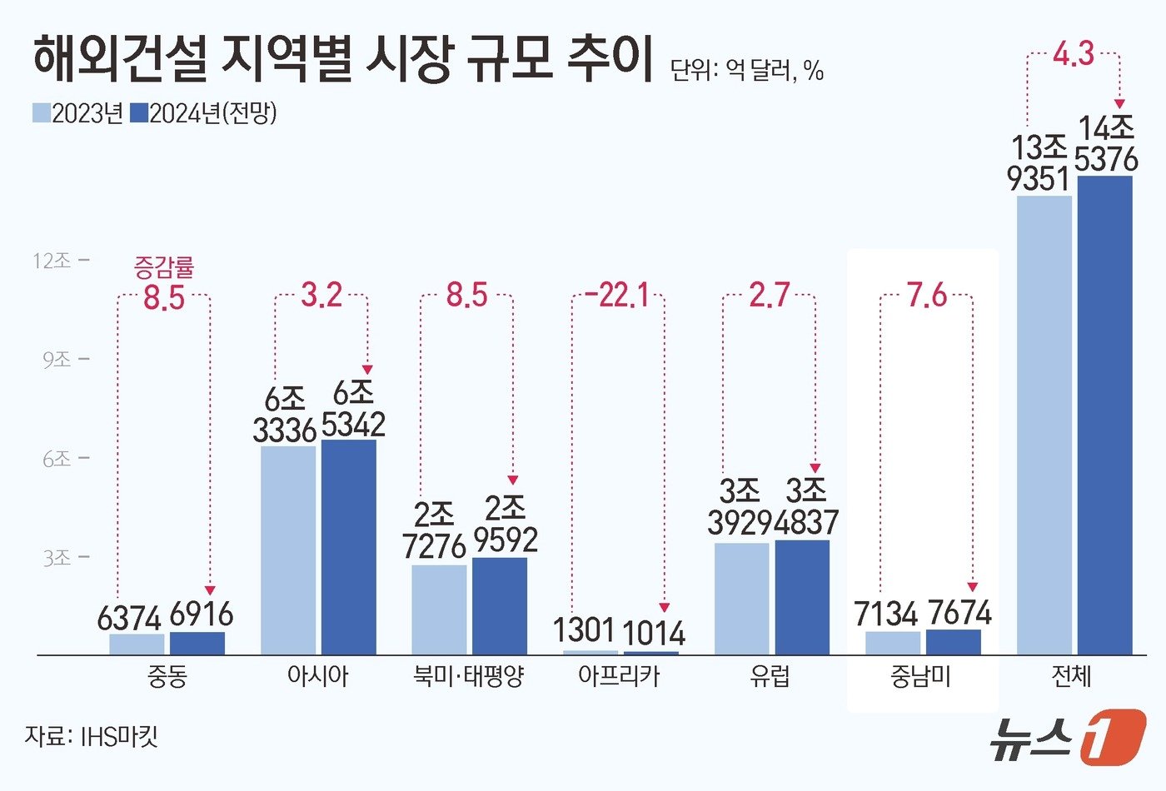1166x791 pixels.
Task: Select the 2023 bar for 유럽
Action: [x=741, y=599]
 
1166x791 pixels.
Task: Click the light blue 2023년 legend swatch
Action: [x=42, y=113]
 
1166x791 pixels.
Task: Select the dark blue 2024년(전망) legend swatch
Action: [x=140, y=113]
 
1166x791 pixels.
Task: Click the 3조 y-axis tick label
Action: [x=57, y=558]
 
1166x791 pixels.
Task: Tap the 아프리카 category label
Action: [x=619, y=676]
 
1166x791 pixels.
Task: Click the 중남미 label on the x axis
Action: [x=920, y=676]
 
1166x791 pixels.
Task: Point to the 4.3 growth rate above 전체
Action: [x=1073, y=54]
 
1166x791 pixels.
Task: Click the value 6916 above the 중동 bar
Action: [x=202, y=615]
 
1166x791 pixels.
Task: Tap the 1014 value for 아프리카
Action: [x=654, y=634]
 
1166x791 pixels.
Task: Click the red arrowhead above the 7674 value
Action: [x=972, y=587]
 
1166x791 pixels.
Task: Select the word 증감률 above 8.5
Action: [x=164, y=267]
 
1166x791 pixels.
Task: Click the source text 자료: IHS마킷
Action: [x=92, y=736]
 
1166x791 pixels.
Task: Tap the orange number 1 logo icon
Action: [x=1112, y=737]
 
